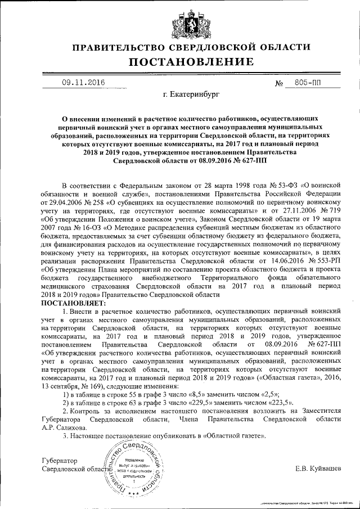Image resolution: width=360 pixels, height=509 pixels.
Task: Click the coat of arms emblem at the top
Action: pos(180,22)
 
